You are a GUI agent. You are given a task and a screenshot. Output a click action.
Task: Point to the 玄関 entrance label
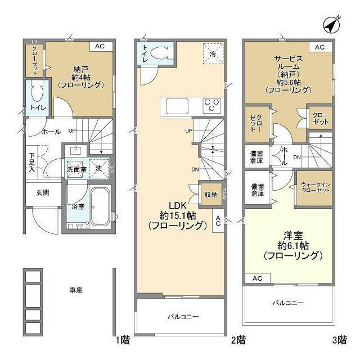coord(43,192)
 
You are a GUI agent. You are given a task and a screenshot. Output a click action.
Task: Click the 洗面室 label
coord(76,169)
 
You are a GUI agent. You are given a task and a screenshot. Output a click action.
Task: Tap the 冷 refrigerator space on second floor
coord(213,53)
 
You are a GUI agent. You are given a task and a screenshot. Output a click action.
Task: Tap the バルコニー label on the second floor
coord(182,317)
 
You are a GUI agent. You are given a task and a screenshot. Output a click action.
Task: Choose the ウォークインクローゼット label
coord(316,187)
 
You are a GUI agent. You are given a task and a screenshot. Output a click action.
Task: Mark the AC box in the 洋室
coord(258,278)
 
